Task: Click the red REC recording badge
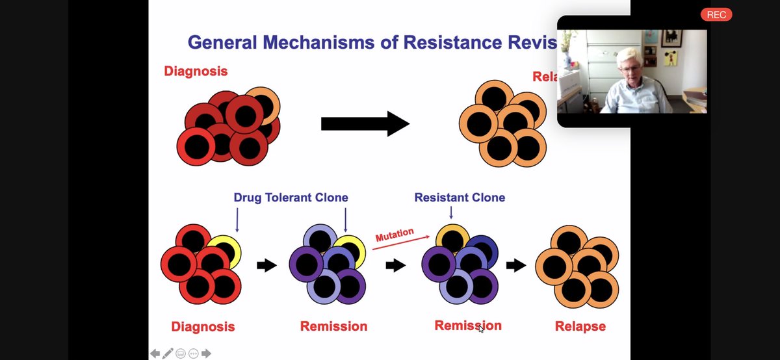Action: (716, 15)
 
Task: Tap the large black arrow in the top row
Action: (365, 123)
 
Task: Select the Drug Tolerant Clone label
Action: (291, 198)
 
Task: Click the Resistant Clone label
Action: (460, 198)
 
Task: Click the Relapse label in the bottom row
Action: (580, 326)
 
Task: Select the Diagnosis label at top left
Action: (196, 71)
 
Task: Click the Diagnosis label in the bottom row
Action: (203, 326)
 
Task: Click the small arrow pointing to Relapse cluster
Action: (516, 265)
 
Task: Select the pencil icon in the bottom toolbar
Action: (168, 354)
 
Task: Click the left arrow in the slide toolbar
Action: (155, 354)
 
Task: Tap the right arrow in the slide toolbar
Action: (206, 354)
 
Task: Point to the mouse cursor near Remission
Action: (481, 329)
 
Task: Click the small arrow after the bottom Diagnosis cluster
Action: (266, 265)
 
